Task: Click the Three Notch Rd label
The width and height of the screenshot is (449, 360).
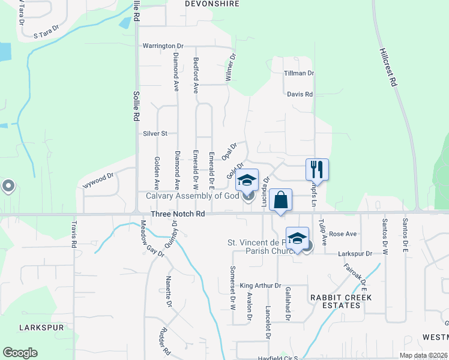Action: [x=179, y=214]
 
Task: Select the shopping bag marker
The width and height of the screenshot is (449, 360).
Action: [x=280, y=199]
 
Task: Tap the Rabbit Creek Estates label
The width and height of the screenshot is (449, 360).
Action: [x=341, y=301]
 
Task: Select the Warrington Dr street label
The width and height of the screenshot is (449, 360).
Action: [x=163, y=46]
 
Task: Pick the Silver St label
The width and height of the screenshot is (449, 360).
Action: [x=155, y=133]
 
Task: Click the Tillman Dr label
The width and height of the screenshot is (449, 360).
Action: [x=299, y=73]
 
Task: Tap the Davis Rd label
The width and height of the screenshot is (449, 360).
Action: [x=300, y=94]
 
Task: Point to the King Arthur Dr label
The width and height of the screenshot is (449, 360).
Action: [x=261, y=286]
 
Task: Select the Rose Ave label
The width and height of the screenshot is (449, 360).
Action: [x=343, y=233]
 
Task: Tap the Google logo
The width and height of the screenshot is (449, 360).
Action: [x=20, y=353]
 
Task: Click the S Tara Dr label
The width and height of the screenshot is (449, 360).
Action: [x=47, y=31]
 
